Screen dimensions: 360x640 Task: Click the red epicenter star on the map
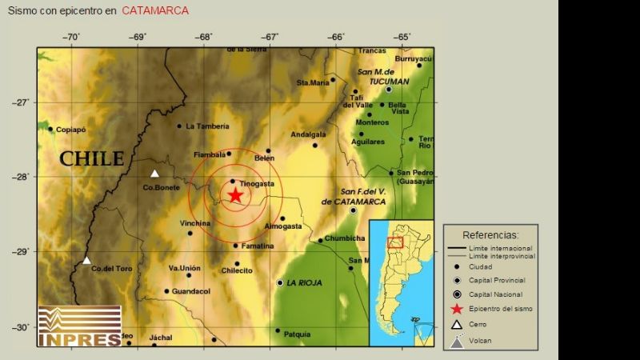tap(234, 195)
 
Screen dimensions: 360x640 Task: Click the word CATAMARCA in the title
tap(155, 10)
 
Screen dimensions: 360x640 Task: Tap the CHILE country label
tap(92, 158)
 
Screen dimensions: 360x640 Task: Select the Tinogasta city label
tap(257, 184)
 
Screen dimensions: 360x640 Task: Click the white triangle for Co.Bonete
tap(155, 174)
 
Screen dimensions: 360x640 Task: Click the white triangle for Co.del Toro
tap(86, 260)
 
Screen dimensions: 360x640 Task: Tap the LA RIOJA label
tap(303, 283)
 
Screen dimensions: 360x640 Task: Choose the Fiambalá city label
tap(211, 154)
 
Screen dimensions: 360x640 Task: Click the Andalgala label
tap(308, 134)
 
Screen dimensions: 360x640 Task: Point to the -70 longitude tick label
tap(71, 37)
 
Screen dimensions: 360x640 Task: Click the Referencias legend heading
tap(490, 235)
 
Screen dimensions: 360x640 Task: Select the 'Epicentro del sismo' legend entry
tap(501, 309)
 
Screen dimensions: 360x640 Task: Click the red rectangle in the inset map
tap(394, 242)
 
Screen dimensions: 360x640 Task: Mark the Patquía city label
tap(297, 334)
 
